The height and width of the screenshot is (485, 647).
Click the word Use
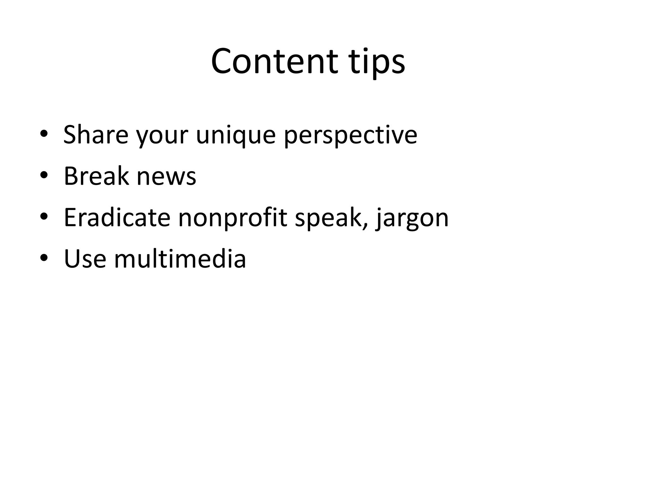click(85, 259)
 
